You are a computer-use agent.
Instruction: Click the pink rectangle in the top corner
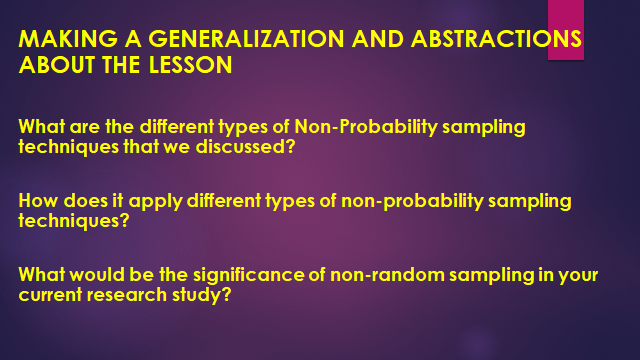(x=565, y=29)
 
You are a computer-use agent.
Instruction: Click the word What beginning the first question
(x=39, y=128)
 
